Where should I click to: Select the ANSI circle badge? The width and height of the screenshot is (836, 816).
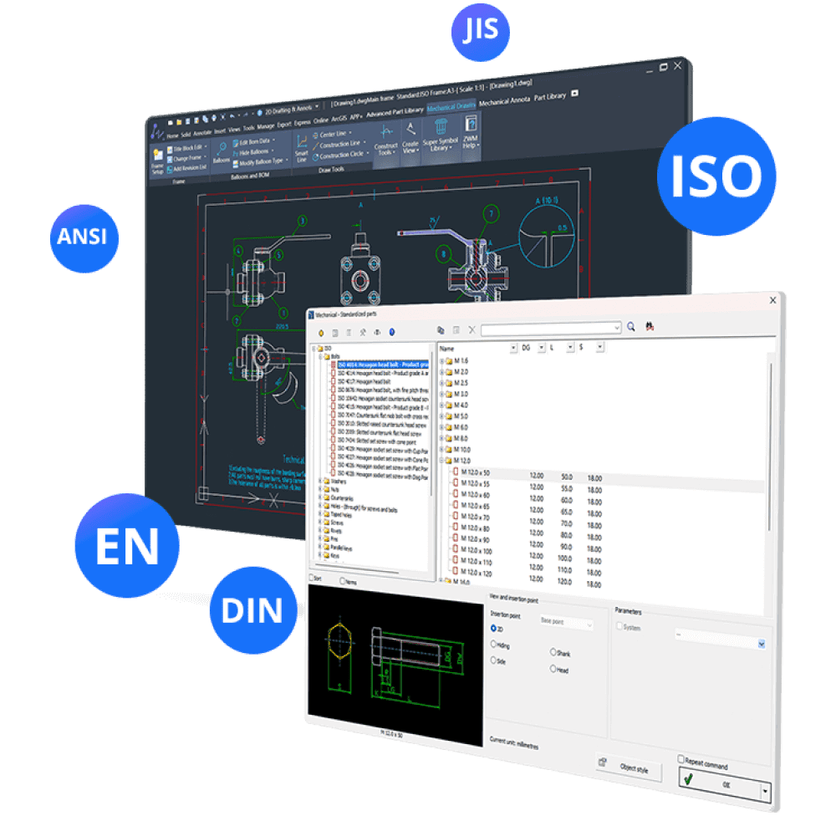(82, 237)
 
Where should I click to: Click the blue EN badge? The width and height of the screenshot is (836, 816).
(127, 544)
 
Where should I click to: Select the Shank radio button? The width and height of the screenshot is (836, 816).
(553, 652)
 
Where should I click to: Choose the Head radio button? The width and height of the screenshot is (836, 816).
(553, 669)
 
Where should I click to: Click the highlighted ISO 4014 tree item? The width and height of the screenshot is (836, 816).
(381, 365)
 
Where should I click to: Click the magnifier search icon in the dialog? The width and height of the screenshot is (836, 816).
(632, 327)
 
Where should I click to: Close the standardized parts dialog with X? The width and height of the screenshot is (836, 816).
(772, 298)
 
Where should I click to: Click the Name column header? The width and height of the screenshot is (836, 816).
(447, 347)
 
